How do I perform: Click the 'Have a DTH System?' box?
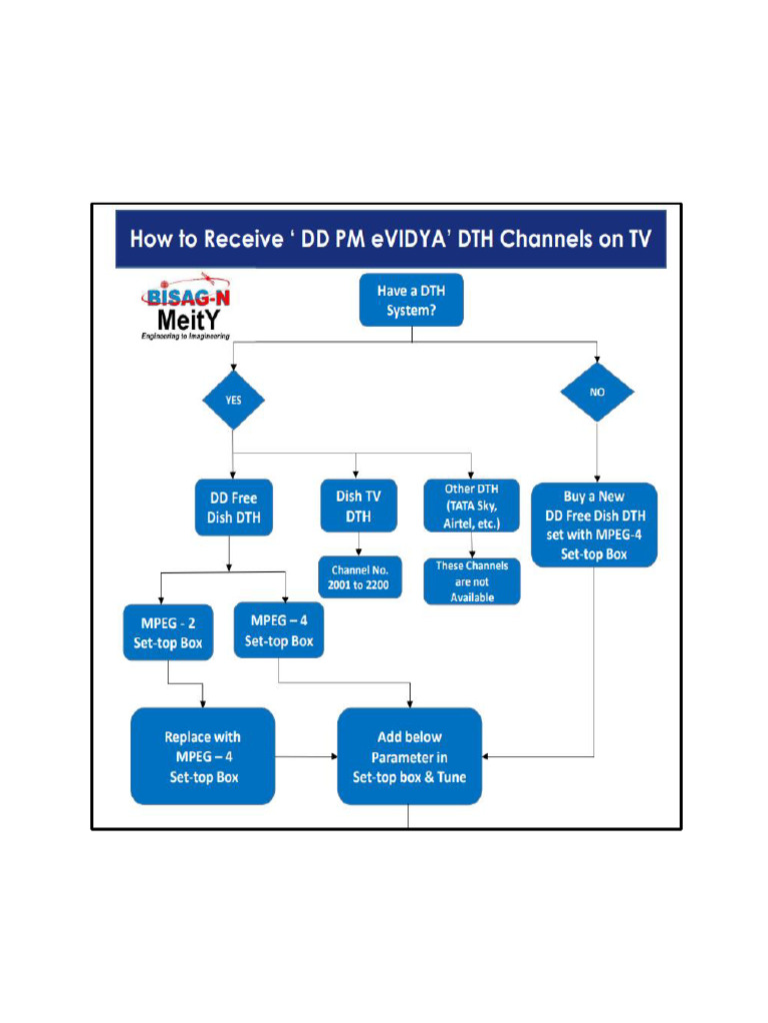coord(410,302)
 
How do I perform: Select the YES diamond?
coord(232,399)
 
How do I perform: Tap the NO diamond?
coord(597,393)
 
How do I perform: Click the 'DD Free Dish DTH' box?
coord(233,508)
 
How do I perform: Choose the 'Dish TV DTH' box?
coord(358,506)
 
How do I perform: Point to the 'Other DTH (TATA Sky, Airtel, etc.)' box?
coord(471,507)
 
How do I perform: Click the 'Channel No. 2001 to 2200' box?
coord(360,576)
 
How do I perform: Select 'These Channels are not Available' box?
coord(471,580)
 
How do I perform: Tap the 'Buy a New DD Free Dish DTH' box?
coord(594,524)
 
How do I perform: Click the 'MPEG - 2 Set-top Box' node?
coord(168,631)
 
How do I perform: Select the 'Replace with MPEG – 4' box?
coord(202,756)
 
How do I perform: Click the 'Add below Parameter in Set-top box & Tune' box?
coord(409,756)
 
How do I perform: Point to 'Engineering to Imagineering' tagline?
coord(185,337)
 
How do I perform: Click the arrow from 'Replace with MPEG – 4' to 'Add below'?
coord(306,756)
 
